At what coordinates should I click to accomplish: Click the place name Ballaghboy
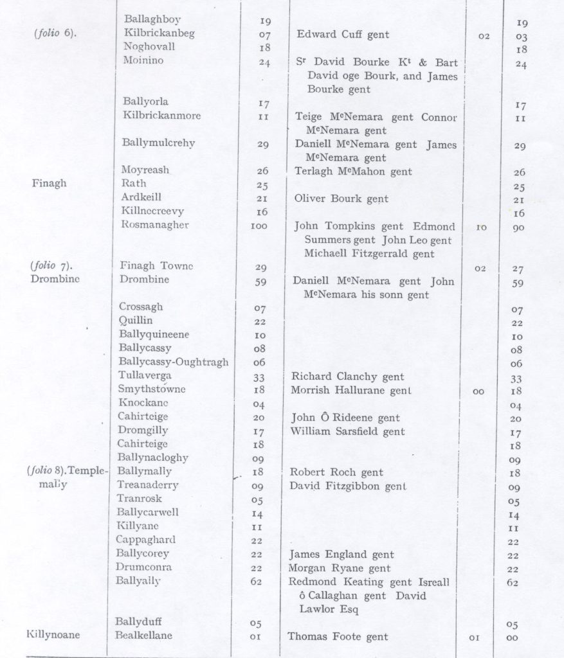click(148, 19)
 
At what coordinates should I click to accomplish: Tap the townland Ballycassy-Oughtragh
click(173, 362)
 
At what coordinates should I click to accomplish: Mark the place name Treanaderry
click(147, 485)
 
